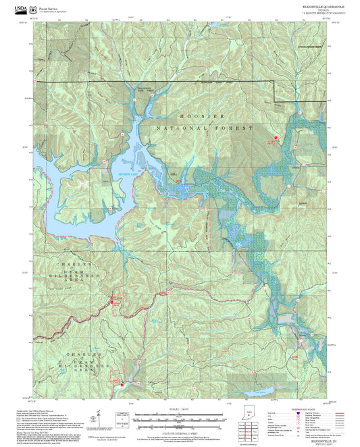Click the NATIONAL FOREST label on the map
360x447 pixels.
click(x=204, y=128)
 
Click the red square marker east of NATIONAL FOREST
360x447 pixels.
click(x=276, y=138)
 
